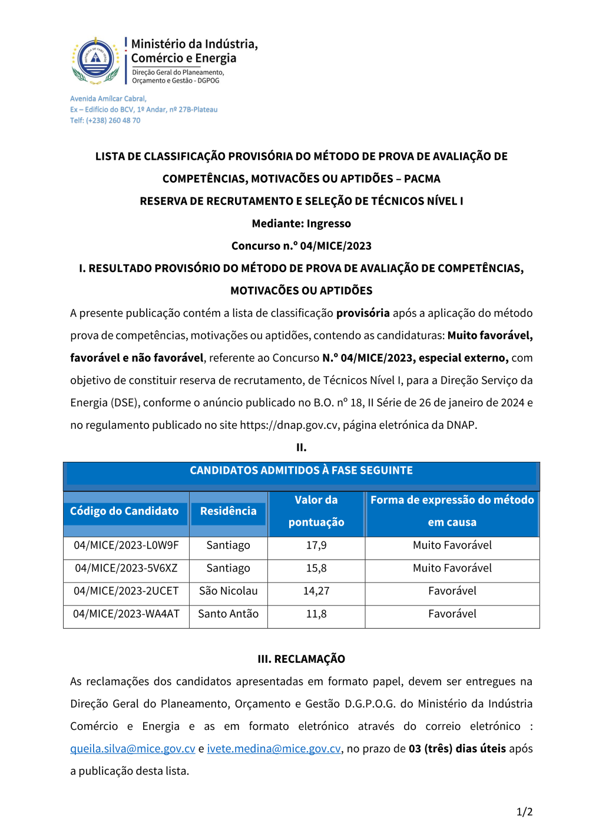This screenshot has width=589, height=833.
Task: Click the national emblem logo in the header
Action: (95, 60)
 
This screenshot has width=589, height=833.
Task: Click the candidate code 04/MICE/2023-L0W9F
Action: (126, 546)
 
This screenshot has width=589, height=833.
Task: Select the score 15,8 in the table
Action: (316, 568)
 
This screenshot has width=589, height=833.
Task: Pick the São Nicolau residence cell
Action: (229, 591)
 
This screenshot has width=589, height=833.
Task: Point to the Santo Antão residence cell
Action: (229, 614)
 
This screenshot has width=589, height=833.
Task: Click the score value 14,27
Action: (316, 591)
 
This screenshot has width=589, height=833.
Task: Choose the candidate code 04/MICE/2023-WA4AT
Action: (126, 614)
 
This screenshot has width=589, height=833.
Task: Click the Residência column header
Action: (229, 511)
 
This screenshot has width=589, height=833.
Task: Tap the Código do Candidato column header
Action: (124, 511)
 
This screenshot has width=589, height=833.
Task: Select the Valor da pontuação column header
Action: (316, 511)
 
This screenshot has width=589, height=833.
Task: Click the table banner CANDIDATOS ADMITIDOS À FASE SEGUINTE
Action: (301, 471)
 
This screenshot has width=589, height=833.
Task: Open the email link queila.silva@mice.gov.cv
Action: (133, 749)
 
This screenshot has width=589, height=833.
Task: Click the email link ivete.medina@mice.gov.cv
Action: (274, 749)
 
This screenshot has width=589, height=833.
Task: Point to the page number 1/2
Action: (524, 812)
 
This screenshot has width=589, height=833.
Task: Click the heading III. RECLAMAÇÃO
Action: (301, 659)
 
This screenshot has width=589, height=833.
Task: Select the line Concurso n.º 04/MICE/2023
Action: (301, 246)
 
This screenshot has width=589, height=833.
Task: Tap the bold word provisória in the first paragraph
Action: (363, 313)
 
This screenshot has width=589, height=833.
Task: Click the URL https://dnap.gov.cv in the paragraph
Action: (289, 425)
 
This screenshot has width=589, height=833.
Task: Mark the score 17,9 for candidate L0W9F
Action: (316, 546)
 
